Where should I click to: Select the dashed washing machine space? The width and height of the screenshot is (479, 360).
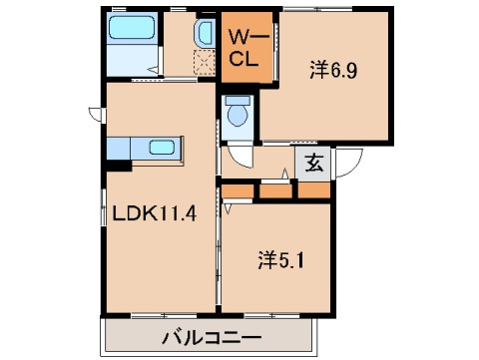click(x=204, y=64)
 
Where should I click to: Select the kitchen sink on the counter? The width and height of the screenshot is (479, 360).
click(x=164, y=149)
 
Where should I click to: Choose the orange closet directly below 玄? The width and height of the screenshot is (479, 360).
click(x=312, y=188)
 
